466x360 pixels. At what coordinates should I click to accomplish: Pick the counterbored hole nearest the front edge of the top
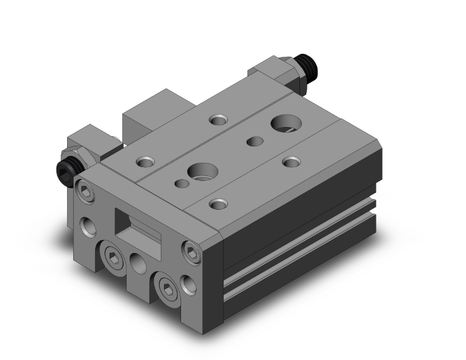(x=217, y=203)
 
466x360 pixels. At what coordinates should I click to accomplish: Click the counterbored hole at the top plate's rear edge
(x=219, y=119)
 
